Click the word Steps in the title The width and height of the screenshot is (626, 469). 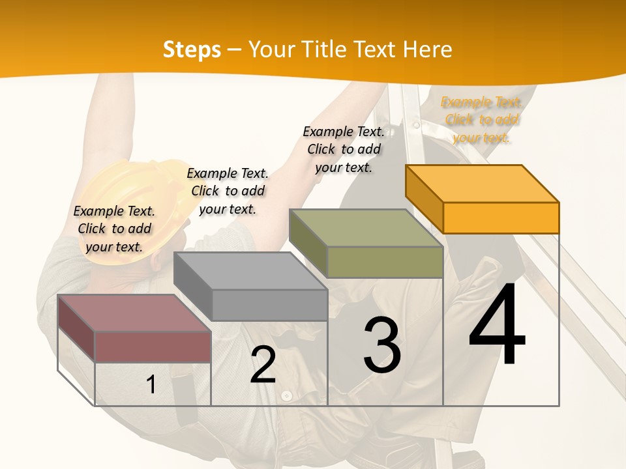coord(192,50)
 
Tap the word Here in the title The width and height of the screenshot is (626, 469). coord(428,50)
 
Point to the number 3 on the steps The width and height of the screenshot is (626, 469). coord(382,345)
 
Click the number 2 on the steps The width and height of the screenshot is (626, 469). coord(263,365)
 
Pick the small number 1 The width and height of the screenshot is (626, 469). coord(151,384)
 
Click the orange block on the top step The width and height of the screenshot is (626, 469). coord(483,189)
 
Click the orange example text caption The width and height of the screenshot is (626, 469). coord(481,120)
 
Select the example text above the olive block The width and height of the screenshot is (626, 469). coord(344,149)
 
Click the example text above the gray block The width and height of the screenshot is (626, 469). coord(228,191)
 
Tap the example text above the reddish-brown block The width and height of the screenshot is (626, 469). coord(114,229)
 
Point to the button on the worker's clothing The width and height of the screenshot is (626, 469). coord(286,395)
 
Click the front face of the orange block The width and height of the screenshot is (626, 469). coord(501,218)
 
